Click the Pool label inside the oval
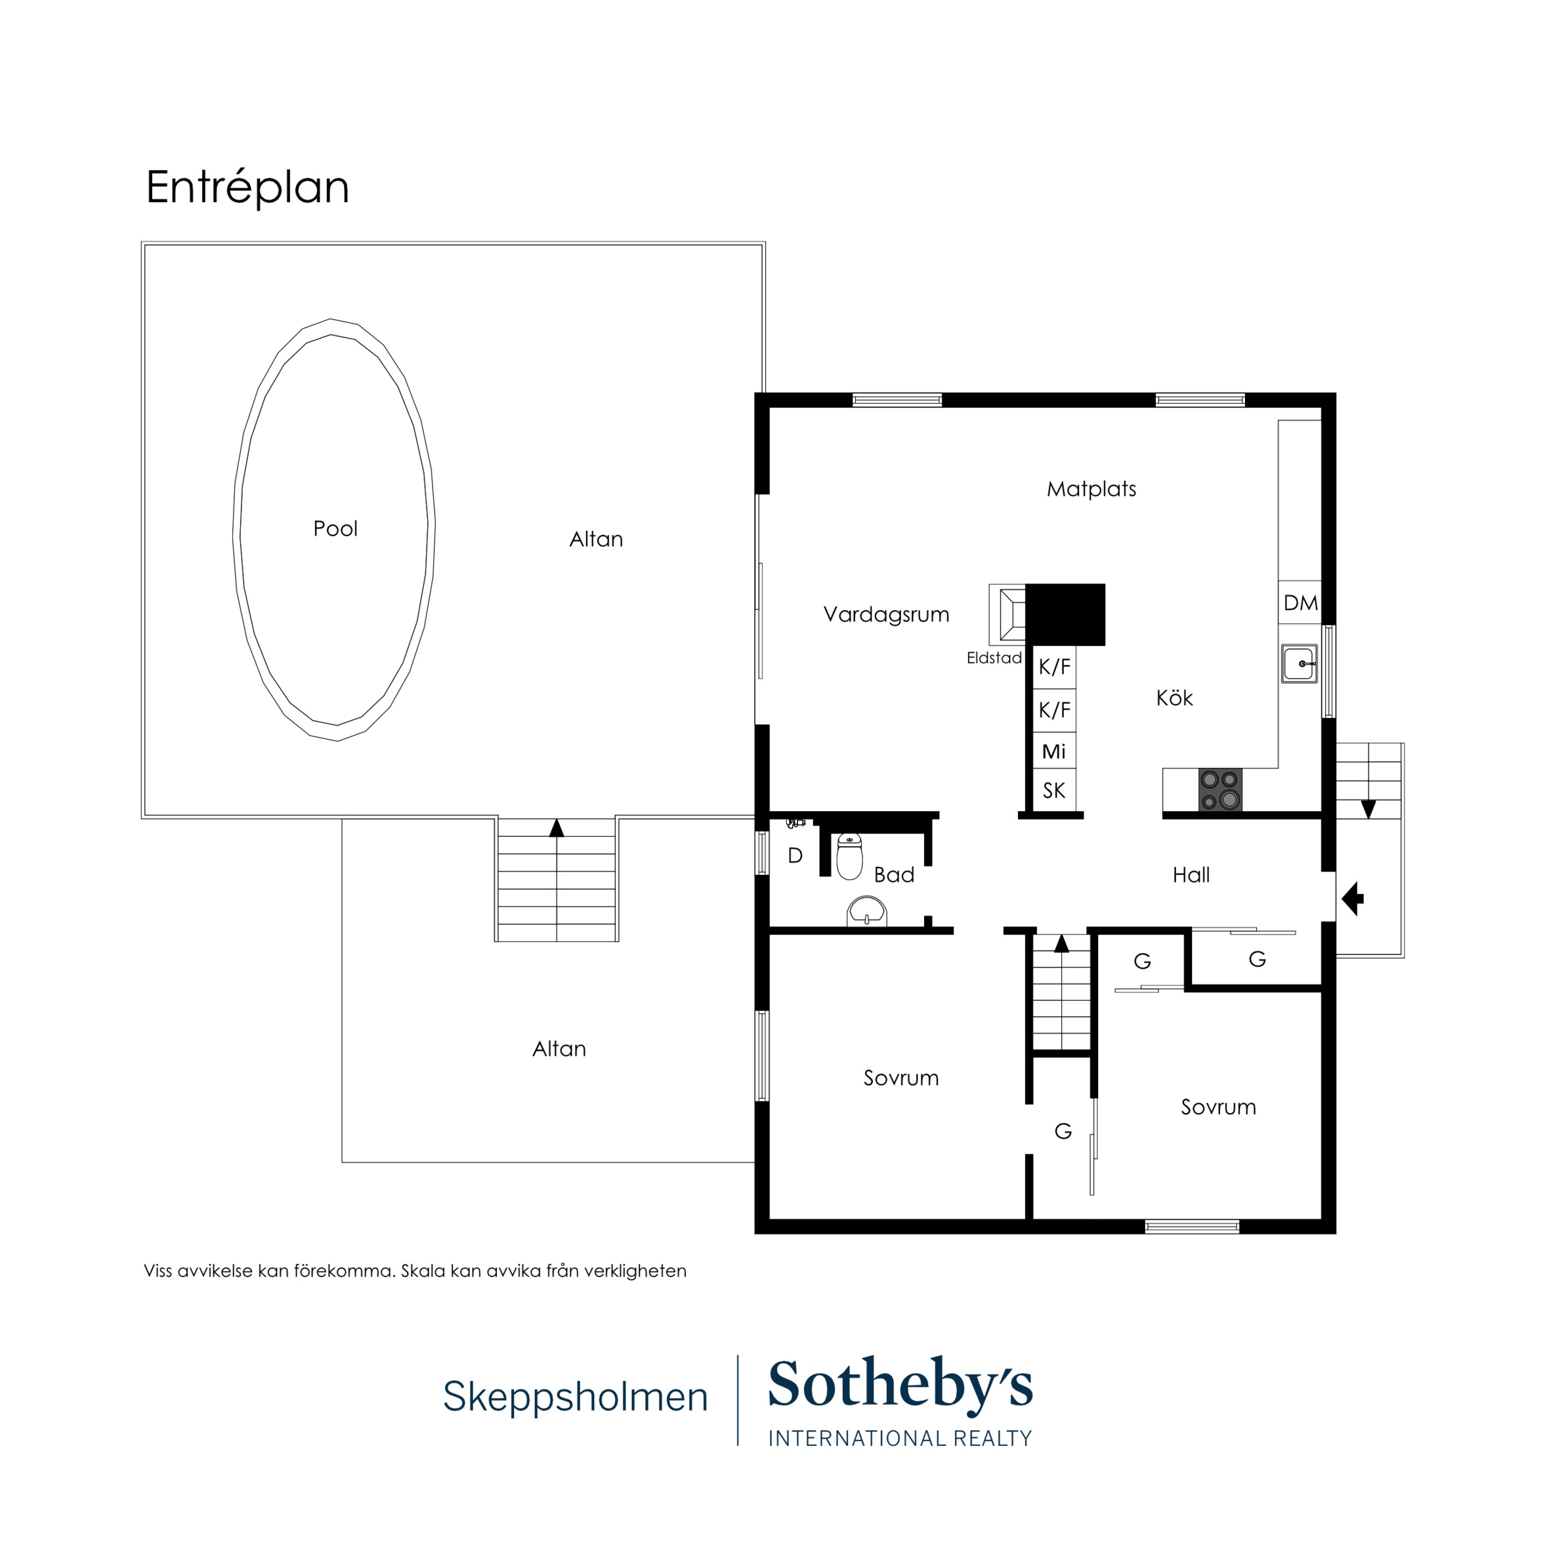(x=335, y=528)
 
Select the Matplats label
(x=1091, y=489)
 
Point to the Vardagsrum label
(x=886, y=614)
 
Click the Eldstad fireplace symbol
(x=1007, y=614)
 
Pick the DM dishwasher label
(x=1300, y=603)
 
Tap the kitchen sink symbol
(x=1300, y=664)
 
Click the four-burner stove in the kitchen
(x=1220, y=790)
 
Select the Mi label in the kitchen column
(x=1053, y=751)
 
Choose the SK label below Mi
(x=1053, y=790)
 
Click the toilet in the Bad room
(x=849, y=856)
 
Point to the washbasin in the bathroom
(x=866, y=912)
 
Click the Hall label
(x=1191, y=875)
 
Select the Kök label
(x=1175, y=698)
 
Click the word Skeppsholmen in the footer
(x=576, y=1397)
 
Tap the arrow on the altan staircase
(x=556, y=828)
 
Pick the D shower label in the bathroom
(x=795, y=855)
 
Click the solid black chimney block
(x=1065, y=615)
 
